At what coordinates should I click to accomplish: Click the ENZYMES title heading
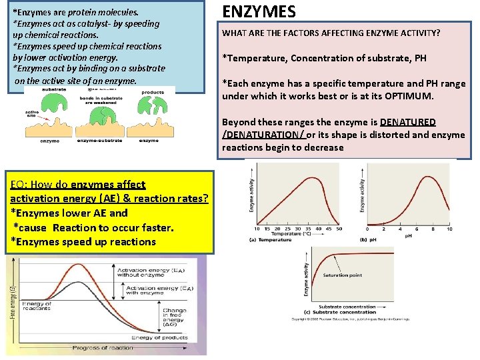(259, 11)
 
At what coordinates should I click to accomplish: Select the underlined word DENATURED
(408, 122)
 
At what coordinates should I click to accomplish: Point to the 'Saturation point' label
(342, 275)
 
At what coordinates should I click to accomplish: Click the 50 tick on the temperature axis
(339, 229)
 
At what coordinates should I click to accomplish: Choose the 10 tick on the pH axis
(449, 229)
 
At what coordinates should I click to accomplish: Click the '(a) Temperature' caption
(271, 239)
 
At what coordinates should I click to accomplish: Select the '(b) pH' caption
(369, 239)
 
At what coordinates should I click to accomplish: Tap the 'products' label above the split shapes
(153, 93)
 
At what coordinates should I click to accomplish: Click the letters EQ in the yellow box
(17, 185)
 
